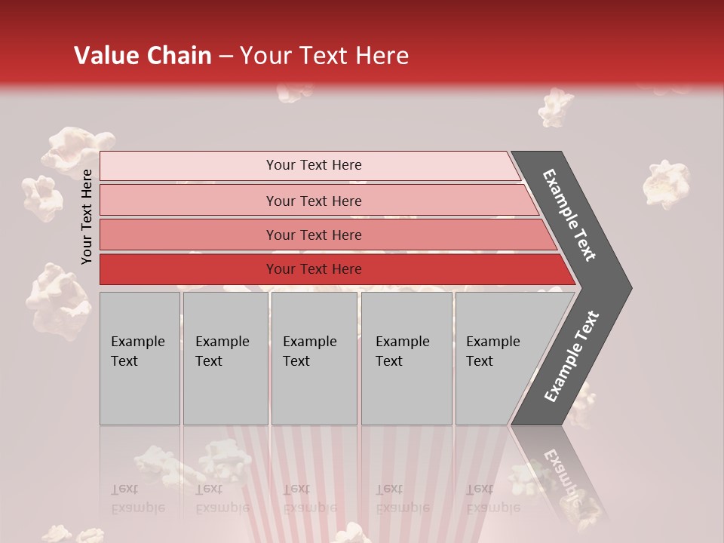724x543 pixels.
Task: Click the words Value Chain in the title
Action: tap(143, 56)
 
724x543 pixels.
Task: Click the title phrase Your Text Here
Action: tap(324, 56)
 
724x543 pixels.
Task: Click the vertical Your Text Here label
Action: tap(87, 216)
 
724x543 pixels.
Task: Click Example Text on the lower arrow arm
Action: tap(572, 356)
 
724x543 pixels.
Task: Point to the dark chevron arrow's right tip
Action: tap(630, 287)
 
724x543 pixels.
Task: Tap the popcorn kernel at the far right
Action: tap(666, 183)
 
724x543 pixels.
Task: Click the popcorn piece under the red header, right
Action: tap(556, 107)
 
